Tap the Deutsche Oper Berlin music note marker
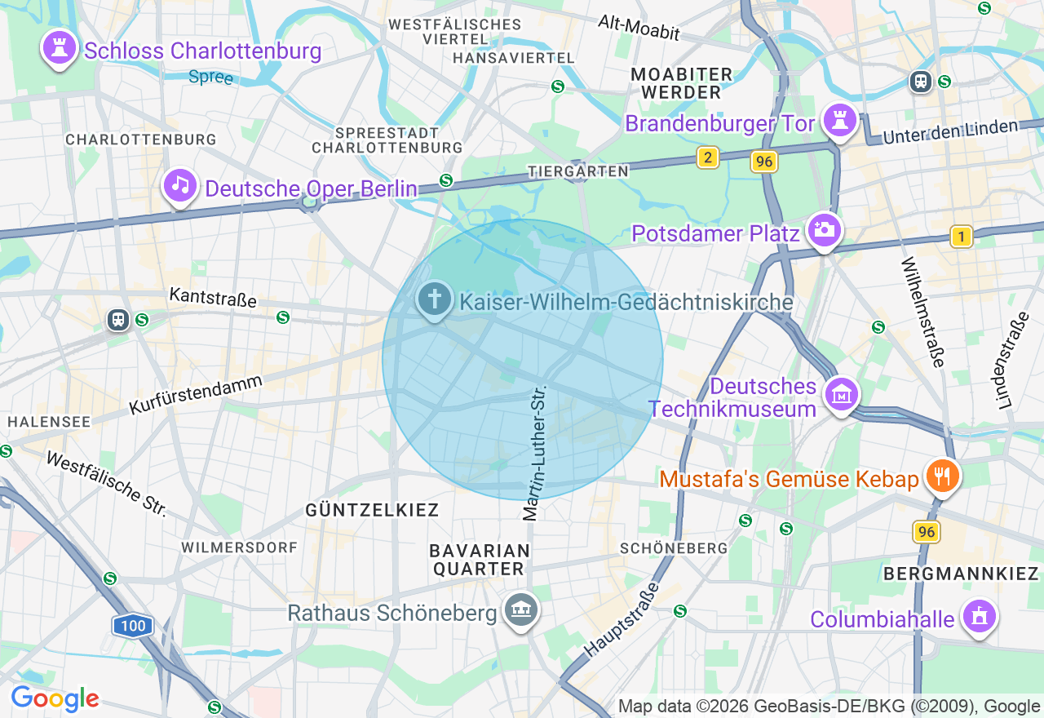[x=180, y=185]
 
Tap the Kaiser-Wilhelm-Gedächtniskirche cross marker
[x=435, y=299]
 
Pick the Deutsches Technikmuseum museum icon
[x=841, y=394]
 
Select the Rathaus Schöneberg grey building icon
[x=520, y=609]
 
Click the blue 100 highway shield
[x=132, y=627]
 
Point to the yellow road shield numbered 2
[x=707, y=157]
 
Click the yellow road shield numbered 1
[x=962, y=237]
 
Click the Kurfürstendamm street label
[x=196, y=394]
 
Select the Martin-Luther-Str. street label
[x=535, y=453]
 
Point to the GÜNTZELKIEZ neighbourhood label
[x=372, y=510]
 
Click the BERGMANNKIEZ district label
[x=960, y=574]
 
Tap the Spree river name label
[x=210, y=78]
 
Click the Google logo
[x=55, y=698]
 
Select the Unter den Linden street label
[x=950, y=131]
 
